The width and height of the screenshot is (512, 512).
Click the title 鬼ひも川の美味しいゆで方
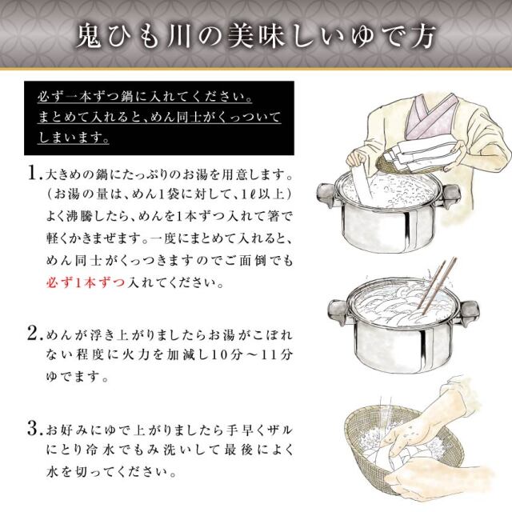tap(256, 35)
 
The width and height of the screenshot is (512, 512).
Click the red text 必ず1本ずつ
tap(79, 284)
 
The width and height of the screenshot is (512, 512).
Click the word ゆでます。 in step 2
tap(63, 375)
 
